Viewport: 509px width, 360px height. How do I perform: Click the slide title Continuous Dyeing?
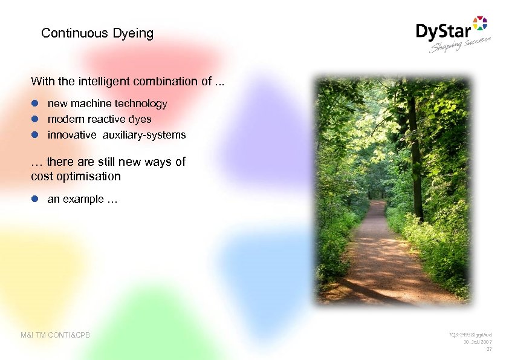click(x=97, y=33)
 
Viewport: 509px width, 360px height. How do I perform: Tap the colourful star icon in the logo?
click(x=479, y=24)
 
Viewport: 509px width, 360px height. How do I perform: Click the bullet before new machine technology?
click(x=35, y=103)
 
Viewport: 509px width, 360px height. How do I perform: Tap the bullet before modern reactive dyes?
click(x=35, y=119)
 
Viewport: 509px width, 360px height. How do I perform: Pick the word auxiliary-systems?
click(x=144, y=135)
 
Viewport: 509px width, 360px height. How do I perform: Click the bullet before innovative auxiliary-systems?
click(x=35, y=135)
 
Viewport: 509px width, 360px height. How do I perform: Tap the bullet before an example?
click(x=35, y=199)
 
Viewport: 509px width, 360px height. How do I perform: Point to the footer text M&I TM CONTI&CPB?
click(x=55, y=335)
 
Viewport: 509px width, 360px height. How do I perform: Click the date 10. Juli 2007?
click(x=478, y=342)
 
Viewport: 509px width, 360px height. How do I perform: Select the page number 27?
click(x=489, y=349)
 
